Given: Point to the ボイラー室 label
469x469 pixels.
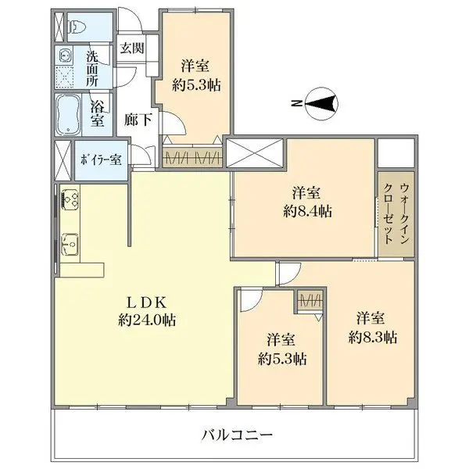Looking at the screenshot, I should (x=99, y=160).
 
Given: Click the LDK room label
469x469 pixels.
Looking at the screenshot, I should (x=146, y=301).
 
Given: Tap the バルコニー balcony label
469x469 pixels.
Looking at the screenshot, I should (x=236, y=435).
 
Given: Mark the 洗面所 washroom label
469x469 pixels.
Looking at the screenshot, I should (x=92, y=69).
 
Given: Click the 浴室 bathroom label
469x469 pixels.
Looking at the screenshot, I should (x=97, y=112).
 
